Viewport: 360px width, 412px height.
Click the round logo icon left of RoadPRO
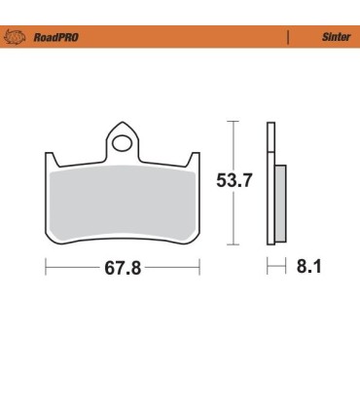coord(16,37)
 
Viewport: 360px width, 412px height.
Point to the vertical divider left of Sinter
coord(288,37)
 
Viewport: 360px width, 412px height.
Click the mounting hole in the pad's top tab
coord(122,145)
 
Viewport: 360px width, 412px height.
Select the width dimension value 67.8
coord(124,268)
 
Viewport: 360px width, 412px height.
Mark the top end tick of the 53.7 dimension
coord(232,121)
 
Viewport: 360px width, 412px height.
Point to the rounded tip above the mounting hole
coord(122,124)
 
